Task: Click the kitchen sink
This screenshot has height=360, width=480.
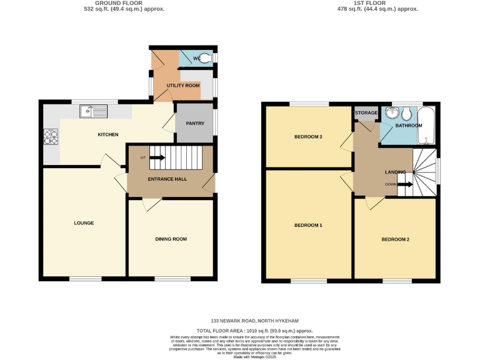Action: point(93,111)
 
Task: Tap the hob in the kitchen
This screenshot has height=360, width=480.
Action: point(51,136)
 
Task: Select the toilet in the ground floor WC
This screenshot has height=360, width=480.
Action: point(209,58)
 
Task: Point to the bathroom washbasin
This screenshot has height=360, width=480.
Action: point(392,113)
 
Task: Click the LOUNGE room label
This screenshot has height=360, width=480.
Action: point(84,223)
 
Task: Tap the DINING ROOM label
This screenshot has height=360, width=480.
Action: point(171,239)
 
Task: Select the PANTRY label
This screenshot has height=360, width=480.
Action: point(194,123)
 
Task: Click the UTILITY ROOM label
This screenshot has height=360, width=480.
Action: point(183,85)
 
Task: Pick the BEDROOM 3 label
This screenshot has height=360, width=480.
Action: point(308,137)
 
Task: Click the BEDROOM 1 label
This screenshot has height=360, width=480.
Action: point(308,225)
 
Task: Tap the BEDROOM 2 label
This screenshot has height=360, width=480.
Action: point(396,239)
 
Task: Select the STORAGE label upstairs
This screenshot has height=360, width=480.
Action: point(366,113)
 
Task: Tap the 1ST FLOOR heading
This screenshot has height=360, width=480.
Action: point(368,3)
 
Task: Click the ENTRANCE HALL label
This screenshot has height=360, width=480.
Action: point(167,179)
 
